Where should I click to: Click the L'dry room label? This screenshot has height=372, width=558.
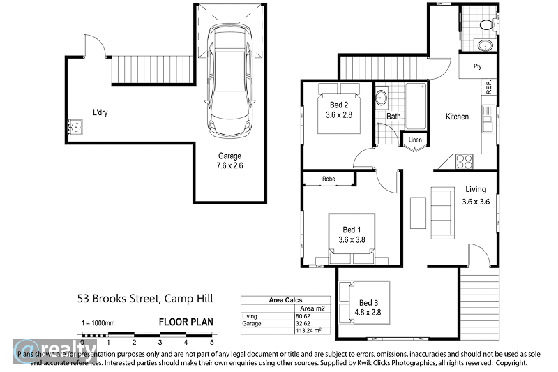[100, 112]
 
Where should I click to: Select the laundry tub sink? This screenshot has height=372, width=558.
[75, 128]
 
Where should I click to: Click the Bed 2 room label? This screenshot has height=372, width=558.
[340, 110]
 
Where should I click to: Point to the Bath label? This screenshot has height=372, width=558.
[393, 117]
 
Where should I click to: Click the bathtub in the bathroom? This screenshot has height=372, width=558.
[416, 105]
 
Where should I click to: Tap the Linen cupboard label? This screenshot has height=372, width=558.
[416, 140]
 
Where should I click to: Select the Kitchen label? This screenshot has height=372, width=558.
[458, 117]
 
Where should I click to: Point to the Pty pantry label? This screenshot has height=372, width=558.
[478, 67]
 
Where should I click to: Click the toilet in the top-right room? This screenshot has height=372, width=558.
[486, 24]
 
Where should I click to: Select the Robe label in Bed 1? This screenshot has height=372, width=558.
[329, 179]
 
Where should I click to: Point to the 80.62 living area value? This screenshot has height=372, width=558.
[303, 316]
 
